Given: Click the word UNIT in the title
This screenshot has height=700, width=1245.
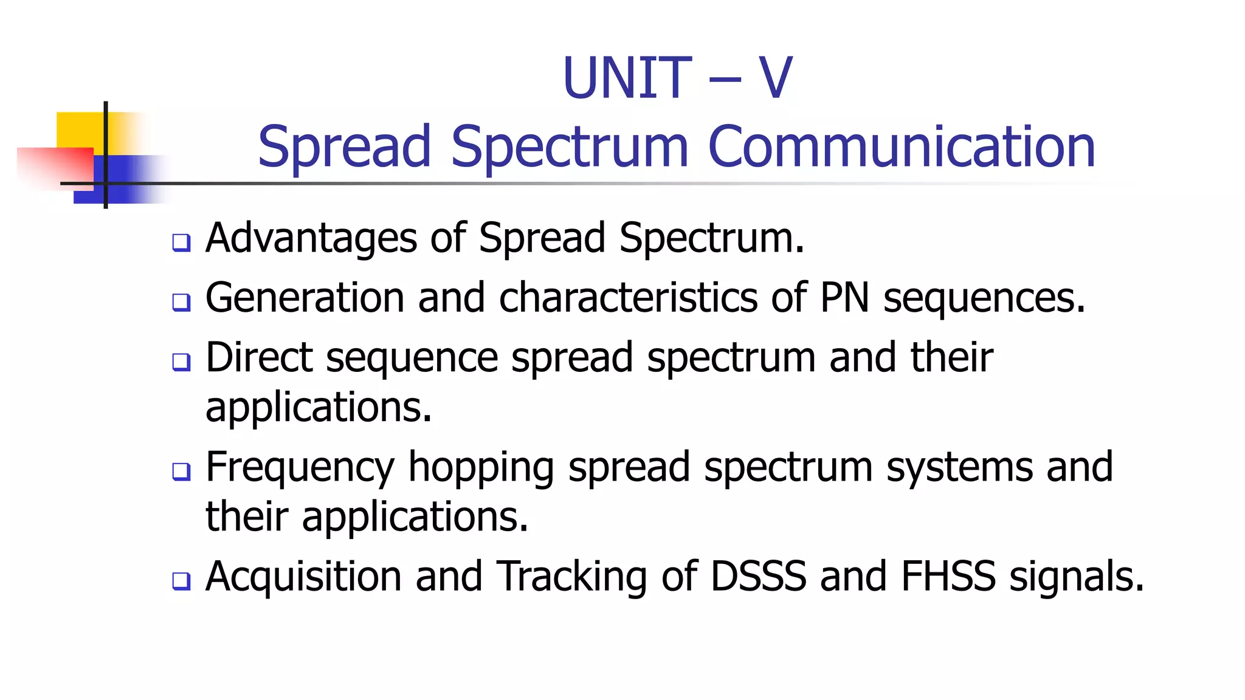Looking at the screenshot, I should [x=627, y=78].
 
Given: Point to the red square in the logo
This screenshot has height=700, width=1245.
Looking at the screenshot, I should [x=55, y=168].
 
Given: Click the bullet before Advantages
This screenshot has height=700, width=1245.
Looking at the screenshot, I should [x=181, y=242].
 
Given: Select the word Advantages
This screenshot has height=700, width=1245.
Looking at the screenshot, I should [x=311, y=238].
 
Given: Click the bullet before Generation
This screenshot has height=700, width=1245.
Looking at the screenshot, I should [x=181, y=302].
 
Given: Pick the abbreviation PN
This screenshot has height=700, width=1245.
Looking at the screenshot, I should [x=844, y=298].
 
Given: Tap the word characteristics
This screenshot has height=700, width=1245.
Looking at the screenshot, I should [x=628, y=298].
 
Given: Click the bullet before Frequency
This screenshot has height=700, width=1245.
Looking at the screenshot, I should [x=181, y=471].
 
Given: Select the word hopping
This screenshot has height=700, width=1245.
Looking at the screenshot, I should [x=481, y=468].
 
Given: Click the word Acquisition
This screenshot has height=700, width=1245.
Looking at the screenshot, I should [x=303, y=577].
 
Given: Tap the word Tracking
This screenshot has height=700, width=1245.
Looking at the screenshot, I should [x=572, y=577].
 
